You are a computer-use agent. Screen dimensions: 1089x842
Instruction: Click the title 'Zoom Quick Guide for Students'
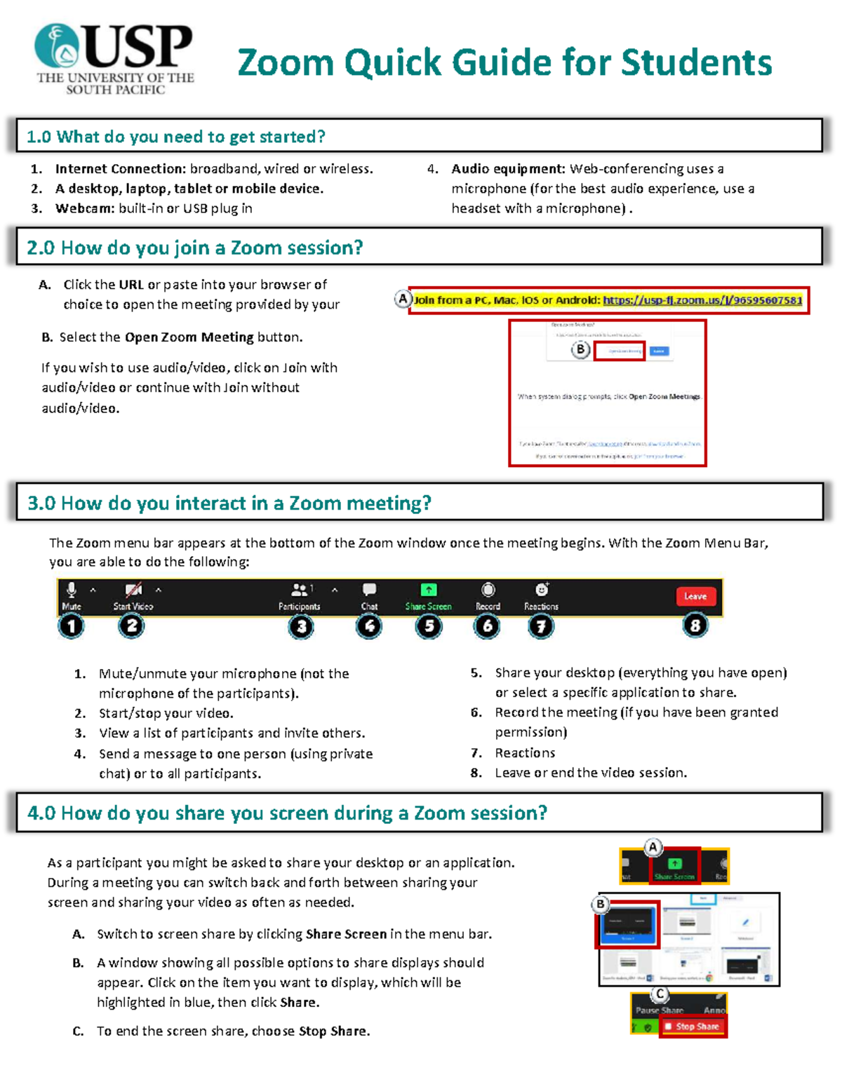coord(504,63)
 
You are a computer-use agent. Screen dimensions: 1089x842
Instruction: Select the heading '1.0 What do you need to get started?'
coord(175,137)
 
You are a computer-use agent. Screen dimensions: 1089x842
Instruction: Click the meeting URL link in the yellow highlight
coord(702,300)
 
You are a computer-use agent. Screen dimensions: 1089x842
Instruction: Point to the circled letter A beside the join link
coord(402,299)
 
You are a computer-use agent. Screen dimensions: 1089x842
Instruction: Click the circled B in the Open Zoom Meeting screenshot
coord(580,349)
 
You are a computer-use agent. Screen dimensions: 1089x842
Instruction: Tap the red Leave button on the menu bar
coord(695,596)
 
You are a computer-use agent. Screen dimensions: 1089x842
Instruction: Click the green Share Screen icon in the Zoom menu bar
coord(428,590)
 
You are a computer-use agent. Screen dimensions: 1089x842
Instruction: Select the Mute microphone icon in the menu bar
coord(72,590)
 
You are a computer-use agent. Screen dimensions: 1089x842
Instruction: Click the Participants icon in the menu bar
coord(300,590)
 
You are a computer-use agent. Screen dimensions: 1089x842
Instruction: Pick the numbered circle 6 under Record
coord(487,625)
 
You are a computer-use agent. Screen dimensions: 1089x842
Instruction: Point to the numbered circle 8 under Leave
coord(695,625)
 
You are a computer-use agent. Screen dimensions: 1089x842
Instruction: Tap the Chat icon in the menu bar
coord(369,590)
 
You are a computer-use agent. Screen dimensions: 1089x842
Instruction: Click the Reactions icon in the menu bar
coord(542,590)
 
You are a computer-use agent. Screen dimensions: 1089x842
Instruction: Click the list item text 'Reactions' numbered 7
coord(525,752)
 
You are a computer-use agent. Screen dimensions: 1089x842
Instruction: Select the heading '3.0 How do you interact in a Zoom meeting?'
coord(229,503)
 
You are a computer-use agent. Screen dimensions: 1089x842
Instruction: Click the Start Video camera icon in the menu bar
coord(133,590)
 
